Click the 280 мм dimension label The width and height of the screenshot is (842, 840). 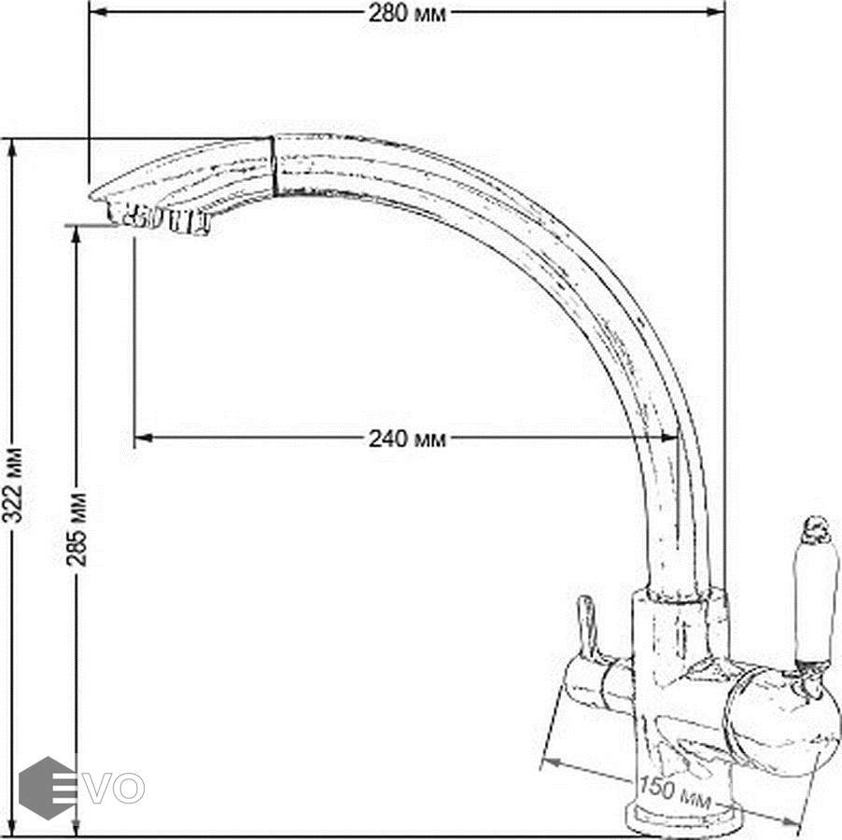coord(407,13)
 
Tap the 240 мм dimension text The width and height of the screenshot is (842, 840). coord(407,439)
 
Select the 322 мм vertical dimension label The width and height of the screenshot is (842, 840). coord(13,484)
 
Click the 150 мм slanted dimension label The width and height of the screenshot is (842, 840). coord(676,793)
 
